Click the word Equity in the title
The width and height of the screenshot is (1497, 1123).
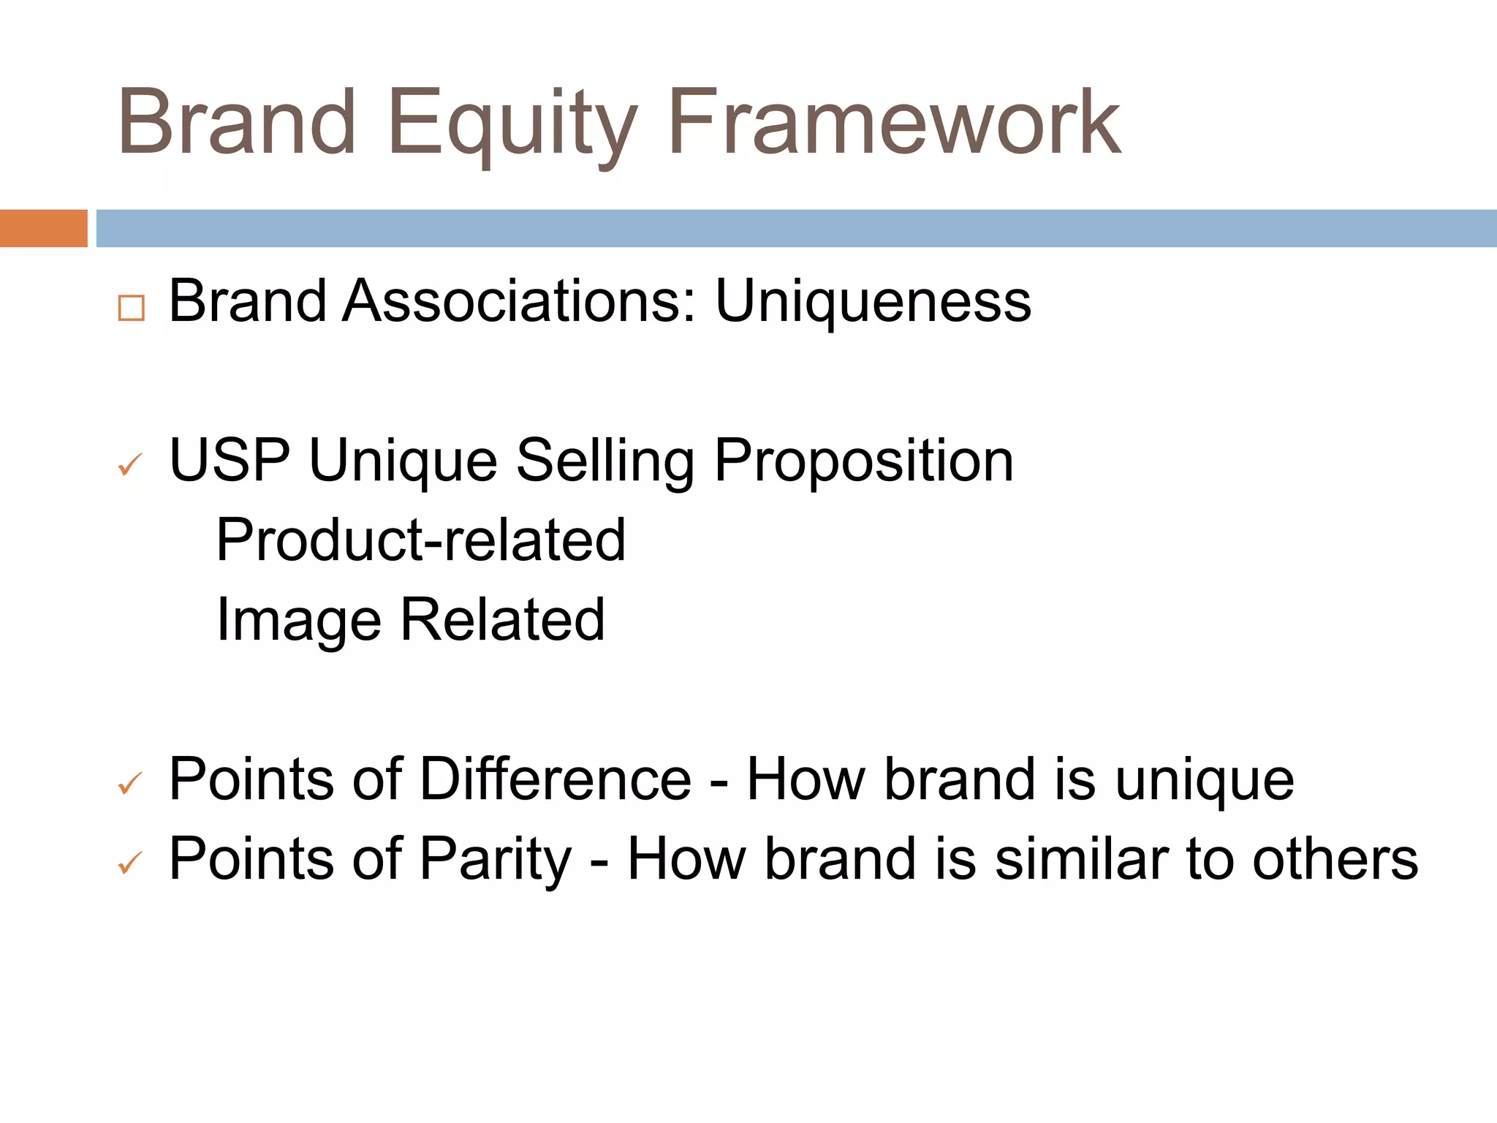pyautogui.click(x=512, y=124)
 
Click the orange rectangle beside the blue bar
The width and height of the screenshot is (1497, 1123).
pyautogui.click(x=43, y=228)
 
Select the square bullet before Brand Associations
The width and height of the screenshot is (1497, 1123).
pyautogui.click(x=131, y=308)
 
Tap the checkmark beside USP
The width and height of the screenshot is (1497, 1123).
pyautogui.click(x=130, y=464)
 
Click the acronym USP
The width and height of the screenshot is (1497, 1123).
pyautogui.click(x=230, y=461)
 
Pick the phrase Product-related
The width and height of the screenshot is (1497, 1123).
pyautogui.click(x=421, y=540)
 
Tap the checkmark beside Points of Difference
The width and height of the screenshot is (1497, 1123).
pyautogui.click(x=130, y=784)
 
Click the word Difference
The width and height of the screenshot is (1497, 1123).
pyautogui.click(x=556, y=779)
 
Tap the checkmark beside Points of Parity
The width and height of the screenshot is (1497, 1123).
pyautogui.click(x=130, y=863)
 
